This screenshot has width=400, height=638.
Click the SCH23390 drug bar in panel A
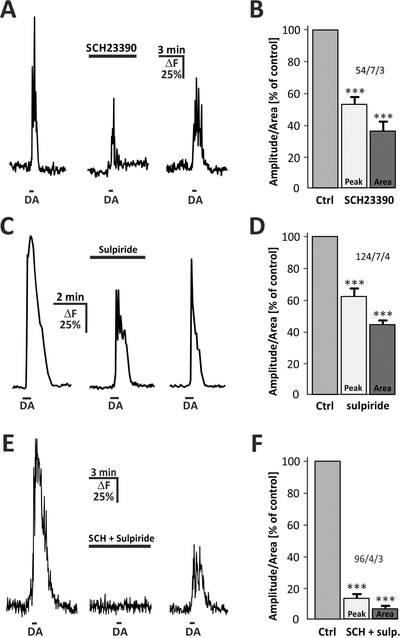[112, 56]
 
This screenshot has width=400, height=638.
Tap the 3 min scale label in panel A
[171, 50]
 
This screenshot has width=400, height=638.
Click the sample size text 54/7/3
[370, 70]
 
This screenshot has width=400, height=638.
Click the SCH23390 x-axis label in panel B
[369, 200]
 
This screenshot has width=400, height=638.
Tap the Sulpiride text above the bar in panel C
[118, 249]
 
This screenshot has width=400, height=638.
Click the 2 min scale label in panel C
[70, 297]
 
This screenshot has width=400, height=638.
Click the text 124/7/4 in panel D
[372, 257]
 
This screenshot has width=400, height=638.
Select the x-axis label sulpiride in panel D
[368, 405]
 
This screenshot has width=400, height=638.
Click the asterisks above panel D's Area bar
[383, 314]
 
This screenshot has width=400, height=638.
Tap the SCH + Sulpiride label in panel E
[121, 538]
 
